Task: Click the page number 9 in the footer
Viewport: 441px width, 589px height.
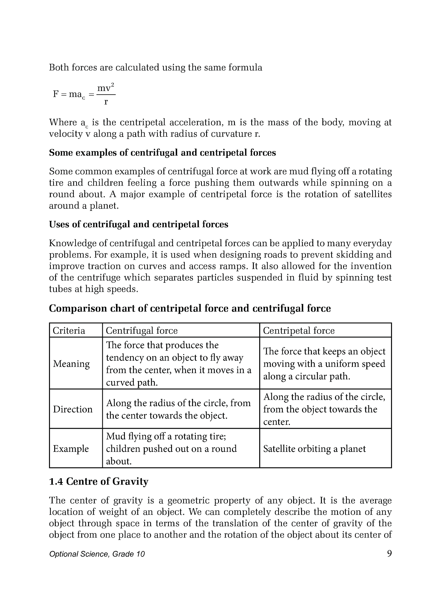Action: tap(389, 553)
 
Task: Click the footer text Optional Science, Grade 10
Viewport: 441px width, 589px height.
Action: tap(97, 554)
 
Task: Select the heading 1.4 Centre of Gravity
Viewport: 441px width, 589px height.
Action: tap(98, 481)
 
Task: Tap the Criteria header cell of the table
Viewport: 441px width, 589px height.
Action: tap(69, 330)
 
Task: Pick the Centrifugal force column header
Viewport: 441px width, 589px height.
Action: tap(142, 330)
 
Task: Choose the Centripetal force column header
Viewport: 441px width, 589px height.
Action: tap(299, 330)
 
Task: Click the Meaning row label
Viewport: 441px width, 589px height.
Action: tap(71, 364)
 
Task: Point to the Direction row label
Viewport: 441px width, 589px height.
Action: tap(73, 409)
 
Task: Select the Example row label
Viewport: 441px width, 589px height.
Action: tap(71, 449)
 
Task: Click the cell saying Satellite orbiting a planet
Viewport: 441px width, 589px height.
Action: tap(314, 449)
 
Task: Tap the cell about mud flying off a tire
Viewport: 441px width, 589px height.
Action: tap(171, 449)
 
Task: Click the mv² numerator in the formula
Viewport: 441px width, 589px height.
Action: tap(106, 88)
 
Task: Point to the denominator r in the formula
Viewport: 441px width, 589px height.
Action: tap(106, 102)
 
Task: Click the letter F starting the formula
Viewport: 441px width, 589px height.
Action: tap(56, 94)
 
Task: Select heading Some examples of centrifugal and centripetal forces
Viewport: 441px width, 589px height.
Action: tap(162, 152)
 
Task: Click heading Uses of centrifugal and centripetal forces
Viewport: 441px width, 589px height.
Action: tap(138, 224)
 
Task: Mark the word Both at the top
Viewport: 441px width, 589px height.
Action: tap(59, 68)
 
